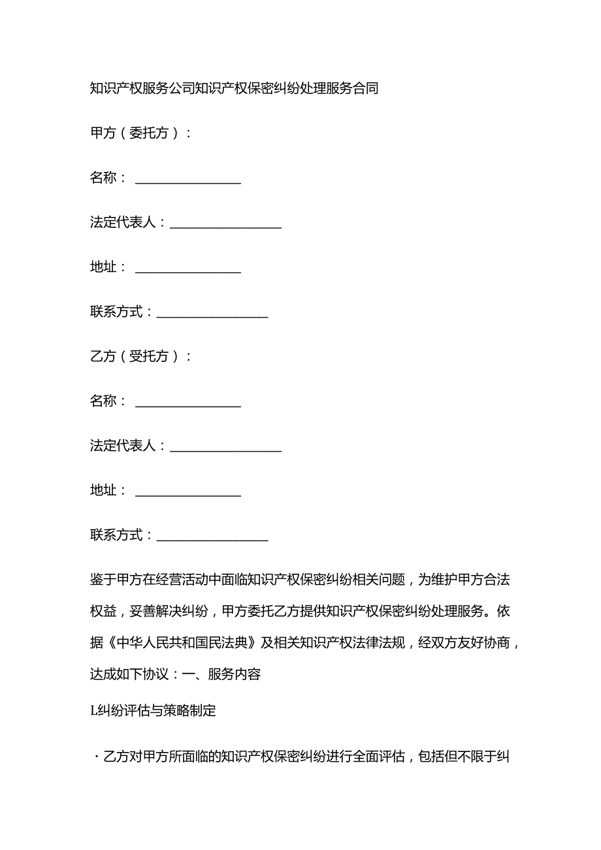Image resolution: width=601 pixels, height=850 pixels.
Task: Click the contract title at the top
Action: (x=235, y=88)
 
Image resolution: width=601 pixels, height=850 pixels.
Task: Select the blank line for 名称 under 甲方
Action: (x=188, y=180)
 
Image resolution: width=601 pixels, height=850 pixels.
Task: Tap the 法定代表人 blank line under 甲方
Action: (x=225, y=224)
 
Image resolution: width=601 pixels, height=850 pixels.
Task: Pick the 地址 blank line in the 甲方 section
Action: (x=188, y=269)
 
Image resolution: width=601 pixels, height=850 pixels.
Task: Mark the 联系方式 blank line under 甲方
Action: (x=212, y=314)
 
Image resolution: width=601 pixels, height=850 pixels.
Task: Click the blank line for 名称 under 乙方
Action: (x=188, y=403)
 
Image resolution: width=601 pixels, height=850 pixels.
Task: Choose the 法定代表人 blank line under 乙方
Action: (x=225, y=448)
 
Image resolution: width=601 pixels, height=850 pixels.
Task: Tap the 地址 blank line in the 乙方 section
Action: (x=188, y=492)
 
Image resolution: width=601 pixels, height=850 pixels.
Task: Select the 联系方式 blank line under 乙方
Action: (x=212, y=537)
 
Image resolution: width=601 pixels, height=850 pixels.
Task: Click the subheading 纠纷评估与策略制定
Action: (x=157, y=711)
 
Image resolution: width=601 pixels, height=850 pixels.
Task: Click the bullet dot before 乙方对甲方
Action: (x=92, y=758)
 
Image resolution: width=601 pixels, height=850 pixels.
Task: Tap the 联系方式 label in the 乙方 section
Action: (x=116, y=536)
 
